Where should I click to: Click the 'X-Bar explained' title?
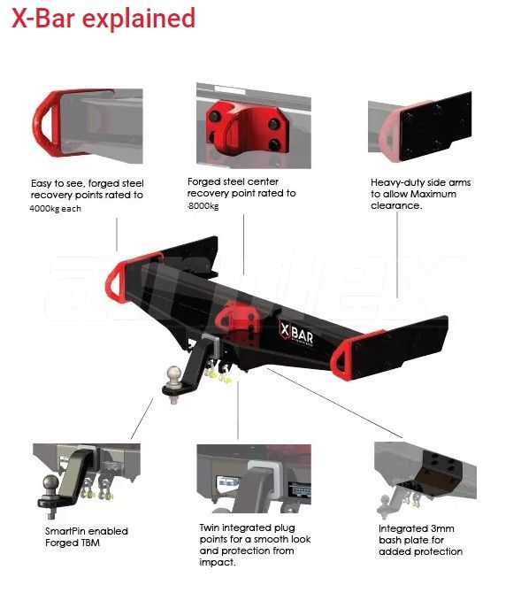click(x=103, y=19)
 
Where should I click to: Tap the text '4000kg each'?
click(x=56, y=209)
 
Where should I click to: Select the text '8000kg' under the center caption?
click(x=203, y=206)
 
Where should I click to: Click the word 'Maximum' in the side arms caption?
click(x=433, y=194)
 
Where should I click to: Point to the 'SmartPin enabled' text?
click(x=87, y=531)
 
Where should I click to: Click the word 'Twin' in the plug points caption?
click(x=209, y=527)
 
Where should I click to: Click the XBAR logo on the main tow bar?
click(x=296, y=334)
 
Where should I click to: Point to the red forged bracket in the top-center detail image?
click(x=248, y=127)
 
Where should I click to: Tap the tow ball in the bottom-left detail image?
click(x=51, y=483)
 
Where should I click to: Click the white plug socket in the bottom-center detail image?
click(x=227, y=483)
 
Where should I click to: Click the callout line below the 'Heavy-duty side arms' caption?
click(x=397, y=255)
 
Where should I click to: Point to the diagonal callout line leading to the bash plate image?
click(x=334, y=403)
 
